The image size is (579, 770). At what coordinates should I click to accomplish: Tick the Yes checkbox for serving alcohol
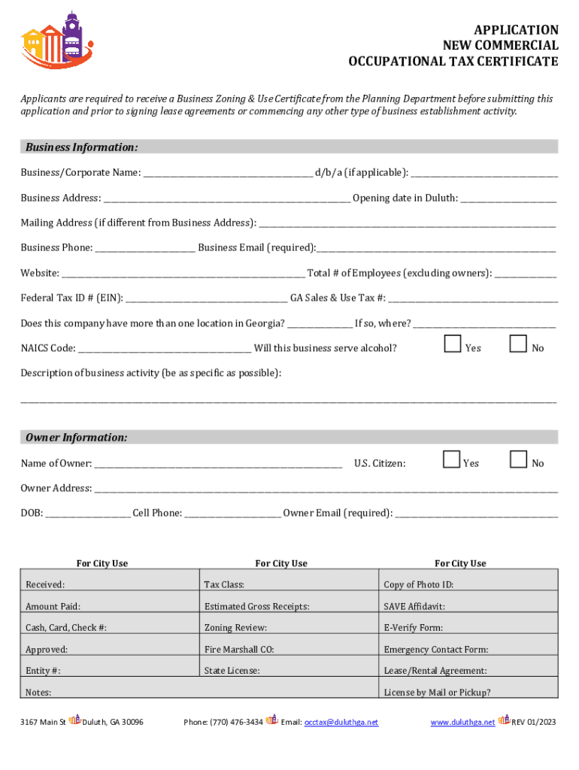452,344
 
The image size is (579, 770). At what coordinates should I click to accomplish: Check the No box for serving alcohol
518,344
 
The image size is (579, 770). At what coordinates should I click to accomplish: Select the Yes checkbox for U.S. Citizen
452,459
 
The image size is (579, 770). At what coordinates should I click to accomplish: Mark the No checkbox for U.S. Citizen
518,459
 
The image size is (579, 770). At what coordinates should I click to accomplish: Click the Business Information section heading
81,147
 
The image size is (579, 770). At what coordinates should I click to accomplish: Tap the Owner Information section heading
76,438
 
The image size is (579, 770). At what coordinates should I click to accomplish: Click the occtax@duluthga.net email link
341,722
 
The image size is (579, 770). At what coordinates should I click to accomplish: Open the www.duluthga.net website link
462,722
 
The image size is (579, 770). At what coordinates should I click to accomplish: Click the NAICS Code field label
48,348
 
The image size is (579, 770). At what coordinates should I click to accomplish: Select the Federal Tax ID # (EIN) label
71,298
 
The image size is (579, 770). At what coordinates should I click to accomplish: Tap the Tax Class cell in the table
224,584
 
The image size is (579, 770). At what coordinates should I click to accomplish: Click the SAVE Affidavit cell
414,606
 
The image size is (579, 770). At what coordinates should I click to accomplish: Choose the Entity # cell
43,671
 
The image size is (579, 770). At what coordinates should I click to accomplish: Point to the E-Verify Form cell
414,628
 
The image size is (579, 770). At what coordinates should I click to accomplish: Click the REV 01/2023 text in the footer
534,722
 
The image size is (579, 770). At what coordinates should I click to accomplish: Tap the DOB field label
32,514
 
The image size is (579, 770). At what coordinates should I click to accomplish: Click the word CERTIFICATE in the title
517,62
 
